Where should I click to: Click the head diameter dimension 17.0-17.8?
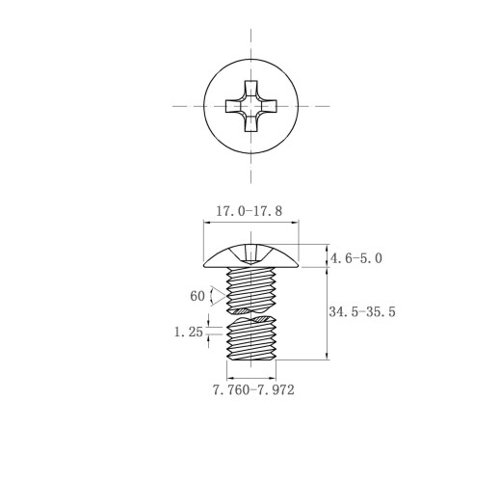tap(249, 211)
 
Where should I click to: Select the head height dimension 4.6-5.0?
tap(356, 258)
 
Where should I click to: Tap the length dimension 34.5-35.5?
tap(362, 312)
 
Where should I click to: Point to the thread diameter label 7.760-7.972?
tap(253, 390)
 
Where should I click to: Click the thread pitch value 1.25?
tap(189, 332)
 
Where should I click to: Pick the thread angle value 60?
tap(197, 296)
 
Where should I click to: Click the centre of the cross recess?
tap(251, 106)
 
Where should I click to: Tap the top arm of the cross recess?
tap(251, 89)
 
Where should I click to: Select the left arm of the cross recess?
tap(233, 106)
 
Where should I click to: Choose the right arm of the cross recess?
tap(269, 106)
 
